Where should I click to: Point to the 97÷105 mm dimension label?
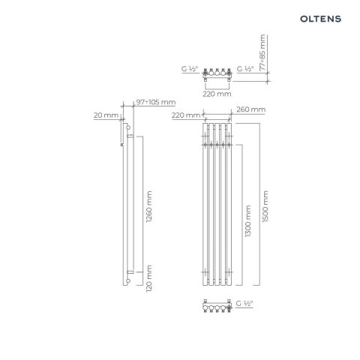pos(156,103)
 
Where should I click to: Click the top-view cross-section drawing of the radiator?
pos(215,74)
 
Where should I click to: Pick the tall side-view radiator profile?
pos(131,205)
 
